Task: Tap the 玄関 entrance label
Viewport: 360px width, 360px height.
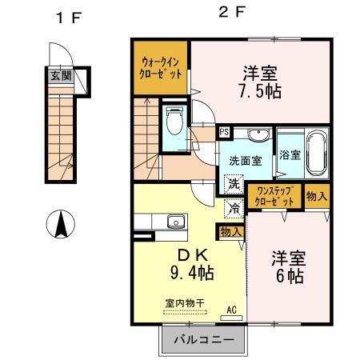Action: point(61,76)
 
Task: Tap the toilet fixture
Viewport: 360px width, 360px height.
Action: point(173,123)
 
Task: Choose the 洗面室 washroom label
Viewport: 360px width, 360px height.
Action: point(246,159)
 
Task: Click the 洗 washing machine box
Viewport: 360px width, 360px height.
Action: point(233,184)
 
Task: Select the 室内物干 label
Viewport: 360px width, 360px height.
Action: point(184,302)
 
